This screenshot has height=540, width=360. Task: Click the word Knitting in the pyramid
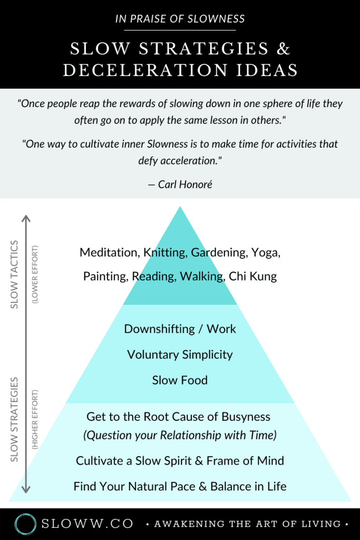(166, 253)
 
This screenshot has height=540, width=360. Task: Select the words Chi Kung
(252, 276)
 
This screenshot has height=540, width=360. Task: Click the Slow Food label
(180, 380)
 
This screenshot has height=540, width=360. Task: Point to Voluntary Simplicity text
(180, 354)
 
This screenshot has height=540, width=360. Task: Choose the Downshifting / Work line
(180, 329)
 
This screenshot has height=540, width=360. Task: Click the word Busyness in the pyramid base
(245, 417)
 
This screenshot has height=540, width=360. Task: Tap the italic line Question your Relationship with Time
(180, 436)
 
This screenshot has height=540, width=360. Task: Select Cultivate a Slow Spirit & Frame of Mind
(180, 461)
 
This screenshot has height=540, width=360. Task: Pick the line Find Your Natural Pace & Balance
(180, 486)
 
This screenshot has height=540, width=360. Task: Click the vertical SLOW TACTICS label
(15, 274)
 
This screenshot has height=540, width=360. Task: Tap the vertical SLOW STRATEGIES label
(15, 419)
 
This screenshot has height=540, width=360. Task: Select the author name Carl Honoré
(180, 185)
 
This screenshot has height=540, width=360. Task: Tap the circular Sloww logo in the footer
(25, 524)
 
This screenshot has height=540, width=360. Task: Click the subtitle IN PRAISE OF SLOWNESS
(180, 20)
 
